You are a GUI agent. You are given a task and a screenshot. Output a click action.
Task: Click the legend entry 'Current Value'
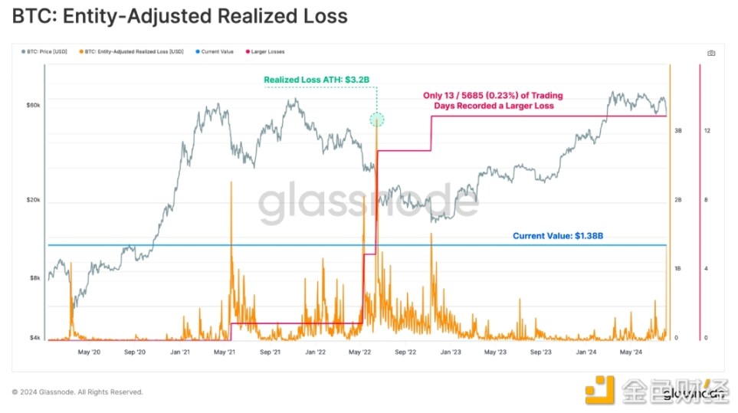click(215, 52)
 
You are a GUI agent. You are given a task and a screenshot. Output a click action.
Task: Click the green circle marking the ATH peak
click(377, 119)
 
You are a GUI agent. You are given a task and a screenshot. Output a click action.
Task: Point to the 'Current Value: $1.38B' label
click(558, 237)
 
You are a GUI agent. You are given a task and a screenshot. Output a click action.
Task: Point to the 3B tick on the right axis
click(677, 131)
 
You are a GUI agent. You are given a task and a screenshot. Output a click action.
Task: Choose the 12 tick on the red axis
click(707, 131)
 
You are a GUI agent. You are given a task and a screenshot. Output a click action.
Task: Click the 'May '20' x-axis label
click(90, 352)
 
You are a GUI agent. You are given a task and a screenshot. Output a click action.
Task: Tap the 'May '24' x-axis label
click(631, 352)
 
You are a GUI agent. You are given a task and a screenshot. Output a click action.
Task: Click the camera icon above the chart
click(711, 53)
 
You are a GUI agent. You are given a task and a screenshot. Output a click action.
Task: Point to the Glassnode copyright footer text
click(77, 392)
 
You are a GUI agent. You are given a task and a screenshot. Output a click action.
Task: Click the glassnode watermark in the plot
click(368, 205)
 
